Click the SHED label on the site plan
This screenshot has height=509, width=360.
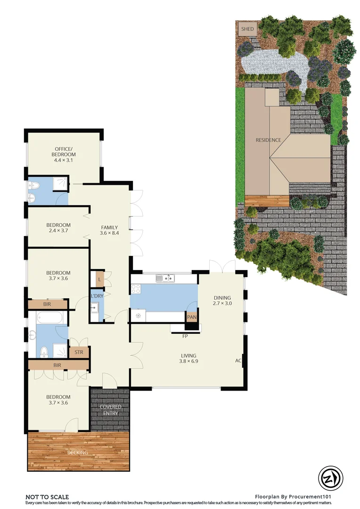pyautogui.click(x=247, y=29)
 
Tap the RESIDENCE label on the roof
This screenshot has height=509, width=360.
pyautogui.click(x=268, y=140)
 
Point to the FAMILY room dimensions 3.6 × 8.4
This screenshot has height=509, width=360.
pyautogui.click(x=109, y=233)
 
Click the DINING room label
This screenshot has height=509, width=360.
pyautogui.click(x=222, y=297)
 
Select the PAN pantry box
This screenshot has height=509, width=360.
pyautogui.click(x=192, y=317)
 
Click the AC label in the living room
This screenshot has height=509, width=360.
pyautogui.click(x=238, y=361)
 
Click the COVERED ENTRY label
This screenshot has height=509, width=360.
pyautogui.click(x=110, y=410)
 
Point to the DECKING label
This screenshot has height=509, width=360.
pyautogui.click(x=77, y=453)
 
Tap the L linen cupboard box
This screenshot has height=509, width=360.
pyautogui.click(x=99, y=279)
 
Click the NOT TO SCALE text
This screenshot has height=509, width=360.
pyautogui.click(x=47, y=497)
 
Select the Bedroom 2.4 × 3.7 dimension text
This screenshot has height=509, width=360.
pyautogui.click(x=58, y=231)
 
